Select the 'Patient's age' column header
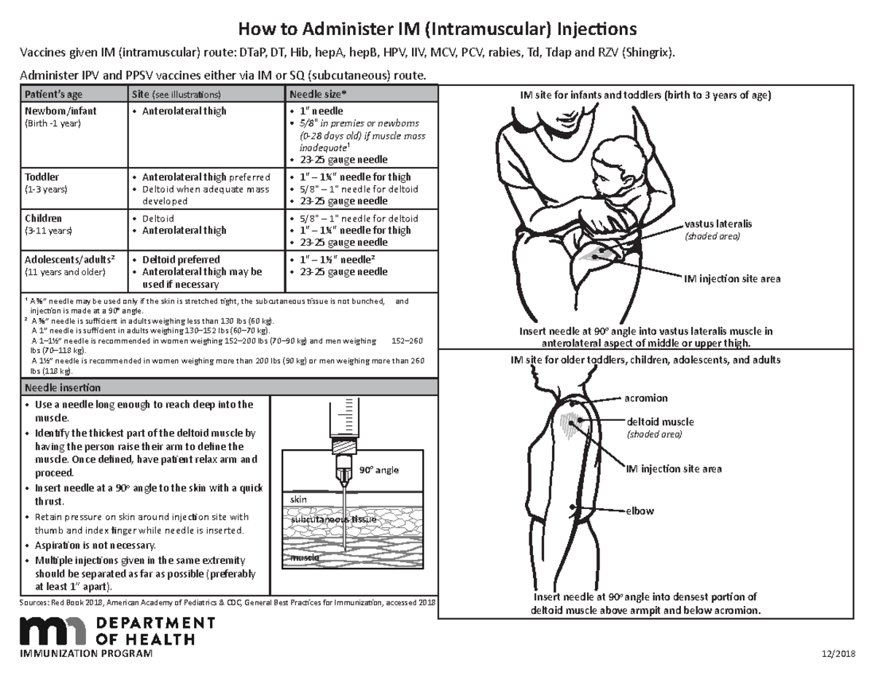pyautogui.click(x=55, y=95)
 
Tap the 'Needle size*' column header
pyautogui.click(x=318, y=95)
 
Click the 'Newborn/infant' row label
pyautogui.click(x=61, y=111)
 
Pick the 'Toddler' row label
pyautogui.click(x=42, y=176)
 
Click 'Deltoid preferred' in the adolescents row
pyautogui.click(x=181, y=260)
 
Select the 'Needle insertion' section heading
pyautogui.click(x=63, y=387)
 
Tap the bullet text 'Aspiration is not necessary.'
pyautogui.click(x=95, y=545)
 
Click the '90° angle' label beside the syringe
pyautogui.click(x=378, y=470)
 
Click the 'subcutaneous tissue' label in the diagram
pyautogui.click(x=331, y=520)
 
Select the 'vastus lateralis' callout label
pyautogui.click(x=718, y=224)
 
